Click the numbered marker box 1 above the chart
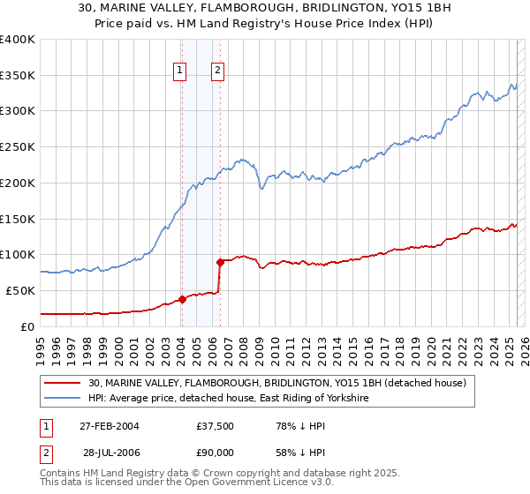[180, 71]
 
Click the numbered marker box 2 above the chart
[217, 71]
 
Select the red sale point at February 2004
[182, 299]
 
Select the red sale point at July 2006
[220, 261]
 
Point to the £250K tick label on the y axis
[18, 146]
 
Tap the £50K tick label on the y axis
[20, 290]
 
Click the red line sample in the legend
[64, 384]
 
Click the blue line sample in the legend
[64, 399]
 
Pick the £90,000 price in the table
[216, 453]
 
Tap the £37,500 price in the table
[216, 426]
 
